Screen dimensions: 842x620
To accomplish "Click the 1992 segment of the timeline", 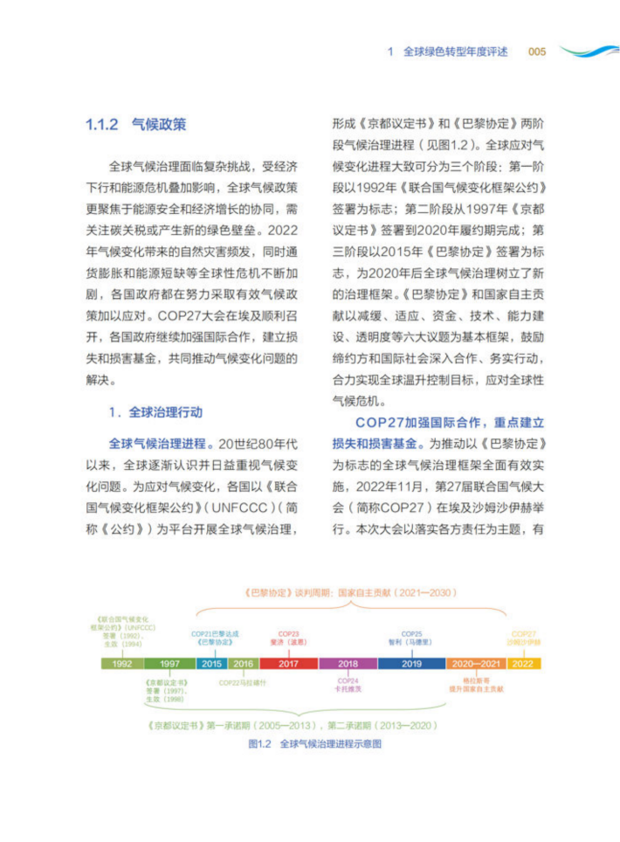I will [x=122, y=664].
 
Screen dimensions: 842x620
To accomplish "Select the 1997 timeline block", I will [x=170, y=664].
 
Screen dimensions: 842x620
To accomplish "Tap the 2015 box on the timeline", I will [x=212, y=664].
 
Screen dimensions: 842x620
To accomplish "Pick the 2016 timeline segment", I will [x=244, y=664].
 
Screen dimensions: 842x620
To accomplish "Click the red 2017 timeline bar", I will [x=288, y=664].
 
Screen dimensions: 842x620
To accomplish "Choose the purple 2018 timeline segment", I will [x=348, y=664].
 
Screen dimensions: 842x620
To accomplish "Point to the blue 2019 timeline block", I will [x=412, y=664].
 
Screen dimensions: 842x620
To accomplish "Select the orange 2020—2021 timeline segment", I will [x=477, y=664].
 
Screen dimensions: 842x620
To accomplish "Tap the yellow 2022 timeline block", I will [x=523, y=664].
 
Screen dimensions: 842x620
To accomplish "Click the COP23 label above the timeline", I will [x=289, y=633].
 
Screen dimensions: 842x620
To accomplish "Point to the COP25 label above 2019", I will [x=412, y=633].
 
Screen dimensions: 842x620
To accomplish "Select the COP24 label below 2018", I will [x=348, y=680].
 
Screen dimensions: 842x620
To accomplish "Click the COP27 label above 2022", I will [x=524, y=633].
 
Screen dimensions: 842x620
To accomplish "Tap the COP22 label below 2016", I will [x=242, y=681].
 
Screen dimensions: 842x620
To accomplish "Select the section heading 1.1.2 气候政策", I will [x=135, y=124].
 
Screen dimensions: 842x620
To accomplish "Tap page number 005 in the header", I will [x=537, y=52].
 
